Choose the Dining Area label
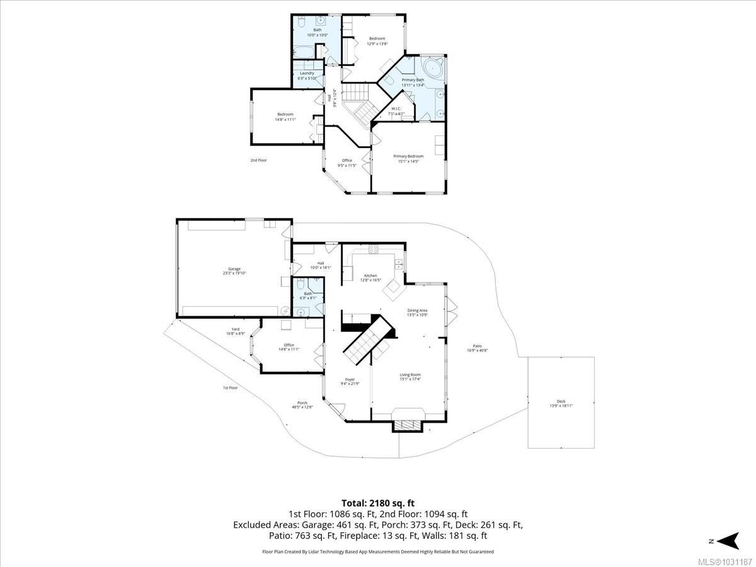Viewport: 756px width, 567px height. (x=418, y=312)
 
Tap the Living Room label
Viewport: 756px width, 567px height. (x=410, y=377)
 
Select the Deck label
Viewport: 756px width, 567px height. (x=561, y=403)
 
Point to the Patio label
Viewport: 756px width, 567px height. (x=478, y=348)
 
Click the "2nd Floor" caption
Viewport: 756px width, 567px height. (x=258, y=160)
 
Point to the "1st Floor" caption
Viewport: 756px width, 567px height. (x=230, y=388)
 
